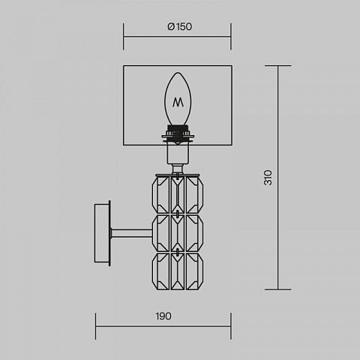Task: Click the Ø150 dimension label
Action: (180, 27)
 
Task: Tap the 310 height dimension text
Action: (268, 178)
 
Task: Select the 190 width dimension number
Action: (163, 316)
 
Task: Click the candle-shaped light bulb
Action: (178, 99)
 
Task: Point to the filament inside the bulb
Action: (178, 102)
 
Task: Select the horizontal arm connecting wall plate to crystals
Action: (131, 233)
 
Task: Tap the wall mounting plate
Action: (102, 233)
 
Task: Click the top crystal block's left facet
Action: (160, 195)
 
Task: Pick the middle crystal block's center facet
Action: (178, 233)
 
